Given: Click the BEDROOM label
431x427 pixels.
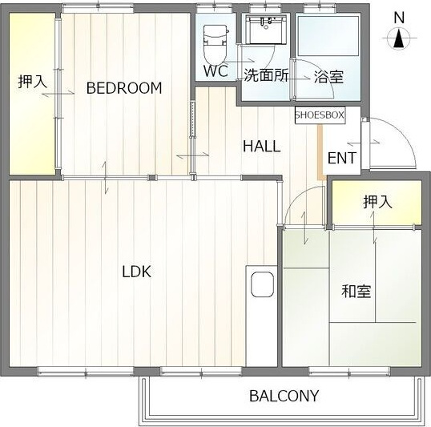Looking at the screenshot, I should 124,88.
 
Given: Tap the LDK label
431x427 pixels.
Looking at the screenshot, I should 136,271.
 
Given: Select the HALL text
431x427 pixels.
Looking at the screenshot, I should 262,147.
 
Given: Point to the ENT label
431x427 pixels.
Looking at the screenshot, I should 342,158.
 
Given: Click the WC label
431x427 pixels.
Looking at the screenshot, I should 215,70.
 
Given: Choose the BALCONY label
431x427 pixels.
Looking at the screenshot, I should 284,396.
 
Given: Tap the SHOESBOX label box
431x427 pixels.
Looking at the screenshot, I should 320,115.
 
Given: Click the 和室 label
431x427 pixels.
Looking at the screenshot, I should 356,291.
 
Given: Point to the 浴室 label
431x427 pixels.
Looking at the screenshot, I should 328,77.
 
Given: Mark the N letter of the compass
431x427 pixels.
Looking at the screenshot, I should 398,17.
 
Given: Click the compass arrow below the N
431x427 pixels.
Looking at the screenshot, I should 398,38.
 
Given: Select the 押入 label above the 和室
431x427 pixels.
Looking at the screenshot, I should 377,202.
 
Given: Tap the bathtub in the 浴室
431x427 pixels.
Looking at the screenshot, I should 328,36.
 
